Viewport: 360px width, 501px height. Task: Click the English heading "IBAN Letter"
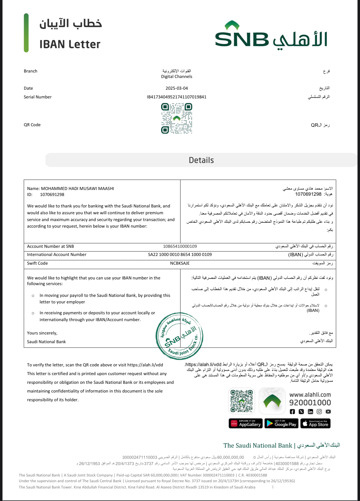point(70,44)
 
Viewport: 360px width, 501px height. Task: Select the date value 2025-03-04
point(177,88)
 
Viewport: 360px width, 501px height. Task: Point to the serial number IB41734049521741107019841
point(177,97)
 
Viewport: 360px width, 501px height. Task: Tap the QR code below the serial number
point(177,118)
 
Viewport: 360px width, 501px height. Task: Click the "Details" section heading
point(201,160)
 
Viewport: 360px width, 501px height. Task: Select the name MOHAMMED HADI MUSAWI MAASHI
point(77,188)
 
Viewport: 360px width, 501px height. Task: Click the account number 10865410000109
point(180,246)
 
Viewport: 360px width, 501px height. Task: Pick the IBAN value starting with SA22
point(180,255)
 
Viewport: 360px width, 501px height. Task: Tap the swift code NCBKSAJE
point(180,263)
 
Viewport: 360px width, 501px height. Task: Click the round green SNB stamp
point(179,336)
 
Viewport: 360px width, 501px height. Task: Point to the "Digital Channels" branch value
point(177,77)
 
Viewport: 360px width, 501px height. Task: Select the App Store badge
point(316,424)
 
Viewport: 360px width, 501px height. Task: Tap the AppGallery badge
point(246,424)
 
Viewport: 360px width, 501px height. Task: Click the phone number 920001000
point(310,403)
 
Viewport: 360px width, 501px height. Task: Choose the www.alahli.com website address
point(310,395)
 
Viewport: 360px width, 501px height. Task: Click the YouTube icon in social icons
point(328,412)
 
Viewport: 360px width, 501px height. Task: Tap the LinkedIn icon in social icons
point(310,412)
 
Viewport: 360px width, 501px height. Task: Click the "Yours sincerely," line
point(42,333)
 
